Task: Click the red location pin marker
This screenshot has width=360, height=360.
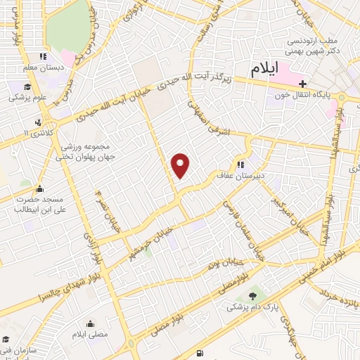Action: (x=181, y=165)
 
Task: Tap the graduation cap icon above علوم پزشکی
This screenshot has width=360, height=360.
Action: (x=15, y=86)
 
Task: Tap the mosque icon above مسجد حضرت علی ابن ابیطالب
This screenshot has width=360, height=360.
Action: (x=39, y=188)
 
